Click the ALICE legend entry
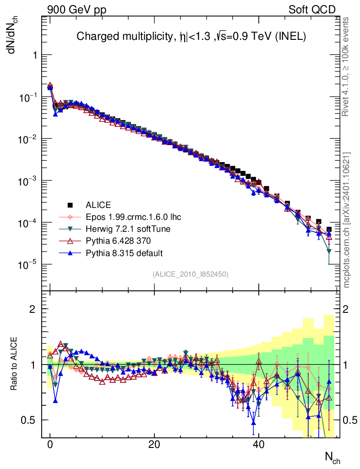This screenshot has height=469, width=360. (x=98, y=205)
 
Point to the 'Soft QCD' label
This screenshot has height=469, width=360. (x=312, y=10)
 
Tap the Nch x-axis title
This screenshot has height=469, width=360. (x=332, y=457)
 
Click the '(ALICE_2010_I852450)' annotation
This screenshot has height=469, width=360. (x=191, y=274)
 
